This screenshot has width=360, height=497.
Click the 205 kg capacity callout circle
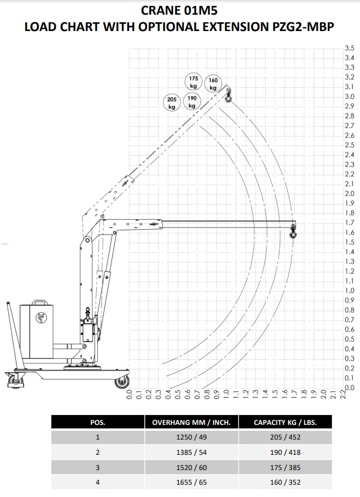pos(172,103)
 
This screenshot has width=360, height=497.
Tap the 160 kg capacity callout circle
pos(213,84)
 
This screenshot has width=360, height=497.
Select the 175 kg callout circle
pos(193,82)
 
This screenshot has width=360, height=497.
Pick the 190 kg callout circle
pos(192,101)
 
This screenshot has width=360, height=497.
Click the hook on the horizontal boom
pos(293,232)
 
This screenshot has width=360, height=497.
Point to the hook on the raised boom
pos(228,96)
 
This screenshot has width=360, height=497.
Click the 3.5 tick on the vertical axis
pos(349,48)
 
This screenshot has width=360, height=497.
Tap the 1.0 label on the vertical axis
pos(349,290)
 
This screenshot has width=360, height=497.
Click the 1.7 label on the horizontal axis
pos(294,394)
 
